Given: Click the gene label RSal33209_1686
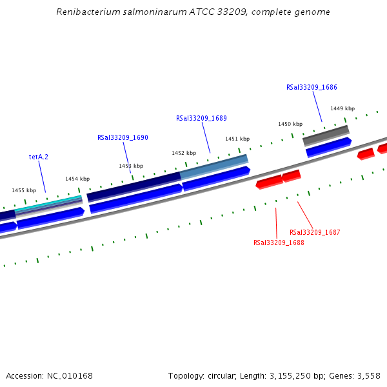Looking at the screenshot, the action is (312, 87).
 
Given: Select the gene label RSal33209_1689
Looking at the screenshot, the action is (201, 118).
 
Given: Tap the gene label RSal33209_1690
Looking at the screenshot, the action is (123, 137).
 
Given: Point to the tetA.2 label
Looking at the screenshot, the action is (39, 157).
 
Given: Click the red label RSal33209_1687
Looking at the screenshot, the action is (315, 232).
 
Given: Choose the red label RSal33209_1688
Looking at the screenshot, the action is (279, 243).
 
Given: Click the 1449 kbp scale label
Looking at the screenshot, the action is (342, 108).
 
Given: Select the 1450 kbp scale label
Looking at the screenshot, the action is (290, 124).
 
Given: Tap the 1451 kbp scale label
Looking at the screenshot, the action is (237, 139).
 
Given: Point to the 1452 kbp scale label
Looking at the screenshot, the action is (184, 153).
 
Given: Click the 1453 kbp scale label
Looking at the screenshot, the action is (131, 166).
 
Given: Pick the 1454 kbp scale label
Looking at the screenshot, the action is (77, 179).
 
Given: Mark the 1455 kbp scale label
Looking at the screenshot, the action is (24, 190).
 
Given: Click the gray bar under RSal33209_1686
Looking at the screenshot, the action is (326, 135).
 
